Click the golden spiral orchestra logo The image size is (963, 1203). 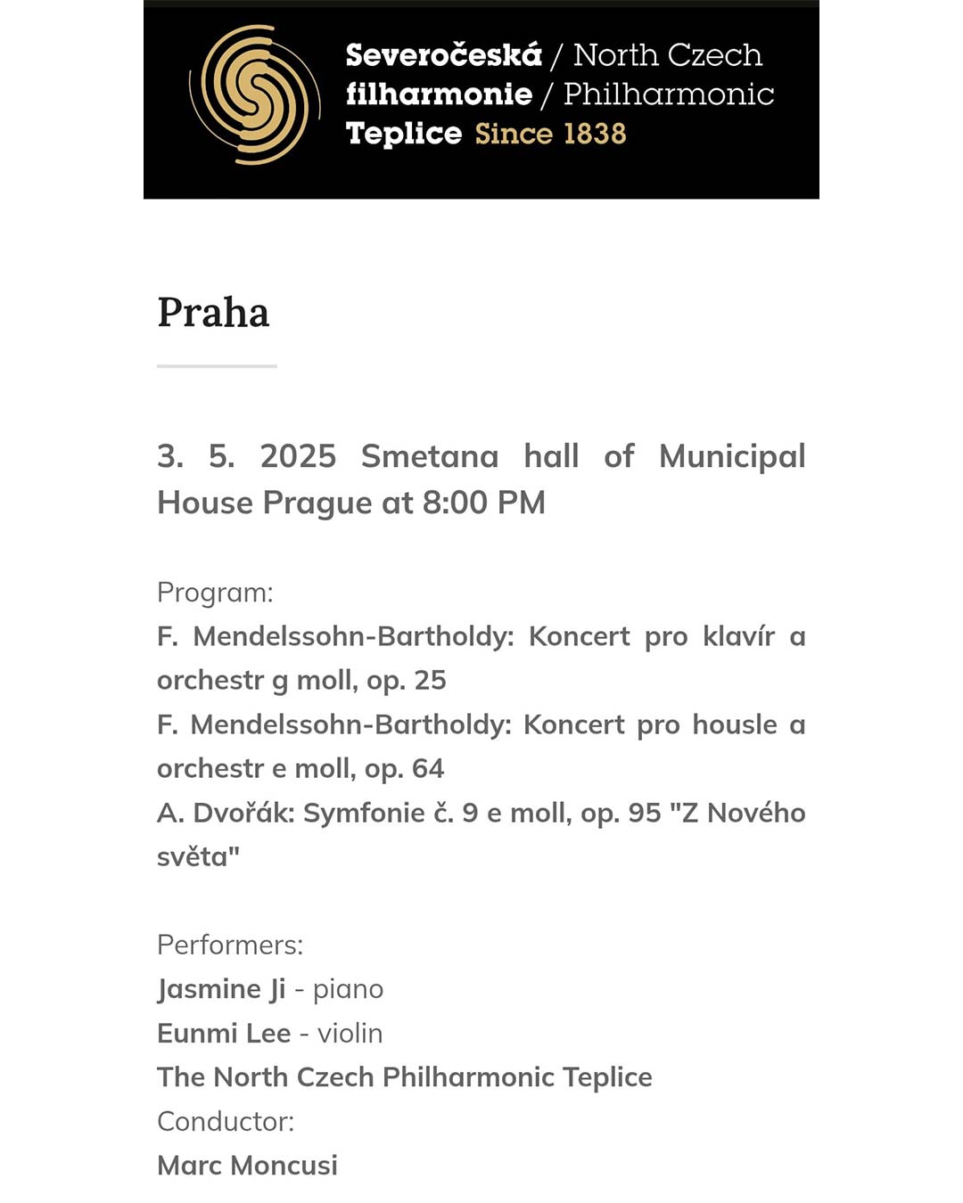[x=255, y=94]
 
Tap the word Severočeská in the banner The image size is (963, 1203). [x=443, y=55]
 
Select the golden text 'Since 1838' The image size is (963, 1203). [x=550, y=134]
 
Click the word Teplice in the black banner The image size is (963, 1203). [x=404, y=134]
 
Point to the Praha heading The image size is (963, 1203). [x=213, y=313]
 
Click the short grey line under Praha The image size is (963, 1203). [x=217, y=365]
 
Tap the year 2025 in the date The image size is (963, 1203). [x=298, y=456]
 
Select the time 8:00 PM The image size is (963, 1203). [x=483, y=503]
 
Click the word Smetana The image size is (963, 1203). [x=430, y=456]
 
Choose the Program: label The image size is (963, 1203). [x=215, y=593]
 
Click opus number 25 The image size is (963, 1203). [x=430, y=680]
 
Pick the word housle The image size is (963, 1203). [x=735, y=724]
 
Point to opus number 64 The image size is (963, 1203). [x=428, y=768]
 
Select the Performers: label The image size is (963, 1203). [x=230, y=945]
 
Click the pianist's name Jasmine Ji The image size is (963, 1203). [x=221, y=989]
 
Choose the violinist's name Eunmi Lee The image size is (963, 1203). [x=224, y=1033]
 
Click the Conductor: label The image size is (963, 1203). [x=226, y=1121]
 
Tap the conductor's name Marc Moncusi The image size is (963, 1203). [x=247, y=1165]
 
